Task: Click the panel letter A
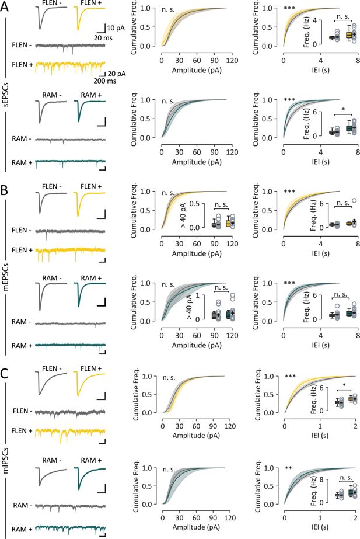click(6, 6)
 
